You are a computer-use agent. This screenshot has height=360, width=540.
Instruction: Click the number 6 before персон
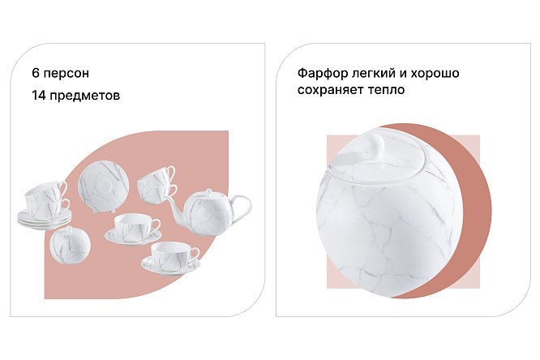point(36,73)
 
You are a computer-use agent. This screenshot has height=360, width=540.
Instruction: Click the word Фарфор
point(322,73)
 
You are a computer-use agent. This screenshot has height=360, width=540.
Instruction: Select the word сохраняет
point(328,90)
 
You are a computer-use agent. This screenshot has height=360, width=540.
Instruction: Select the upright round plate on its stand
point(104,185)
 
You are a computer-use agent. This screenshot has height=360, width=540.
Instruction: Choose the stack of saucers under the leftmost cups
point(45,218)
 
